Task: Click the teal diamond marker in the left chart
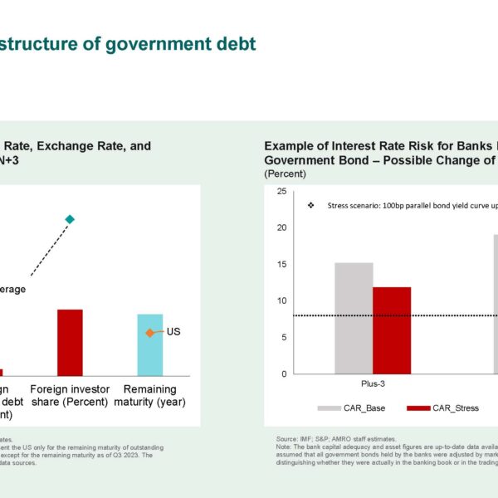click(70, 219)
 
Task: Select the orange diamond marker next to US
click(149, 333)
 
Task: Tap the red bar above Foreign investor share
click(70, 343)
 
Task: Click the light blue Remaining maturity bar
click(149, 344)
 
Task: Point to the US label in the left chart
click(173, 332)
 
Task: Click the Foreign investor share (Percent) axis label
click(69, 396)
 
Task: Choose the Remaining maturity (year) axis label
click(150, 396)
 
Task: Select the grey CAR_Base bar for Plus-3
click(354, 318)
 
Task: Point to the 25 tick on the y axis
click(281, 192)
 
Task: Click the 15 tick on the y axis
click(281, 264)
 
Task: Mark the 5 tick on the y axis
click(283, 337)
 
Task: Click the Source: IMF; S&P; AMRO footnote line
click(336, 437)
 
